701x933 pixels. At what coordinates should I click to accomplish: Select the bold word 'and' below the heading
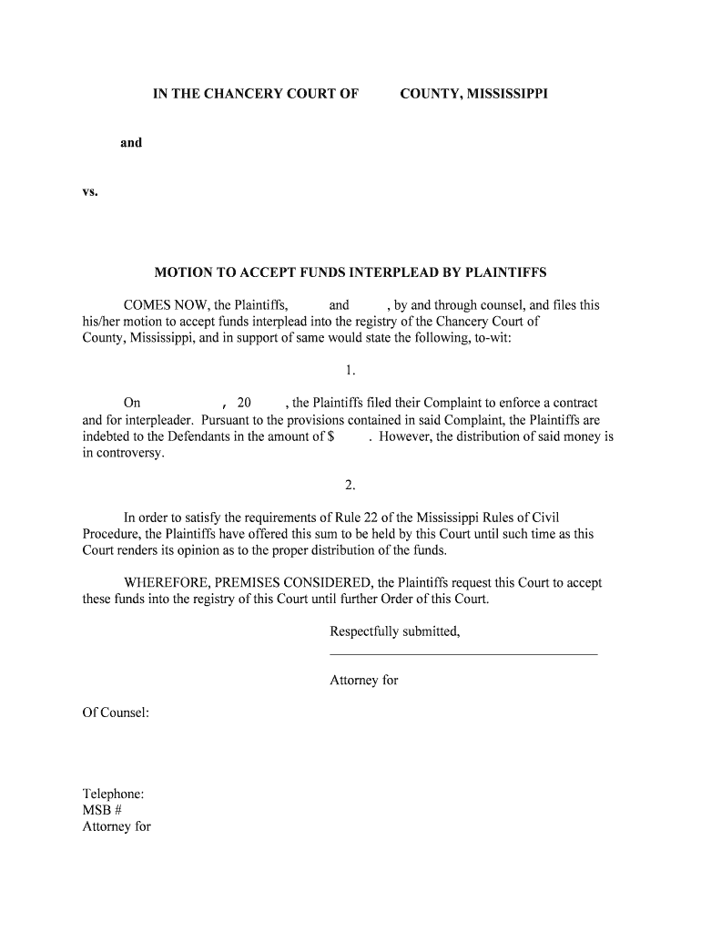click(x=131, y=142)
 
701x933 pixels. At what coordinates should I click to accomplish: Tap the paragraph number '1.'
click(x=350, y=370)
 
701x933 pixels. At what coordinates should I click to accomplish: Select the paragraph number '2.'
click(x=350, y=485)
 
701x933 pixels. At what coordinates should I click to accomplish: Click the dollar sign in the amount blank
click(x=330, y=436)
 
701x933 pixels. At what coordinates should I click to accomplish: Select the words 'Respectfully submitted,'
click(x=395, y=631)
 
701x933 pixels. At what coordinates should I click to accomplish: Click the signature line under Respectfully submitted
click(x=463, y=654)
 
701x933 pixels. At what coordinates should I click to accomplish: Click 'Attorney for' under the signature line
click(x=364, y=680)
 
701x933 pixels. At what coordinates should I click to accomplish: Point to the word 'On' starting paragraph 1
click(x=132, y=403)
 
